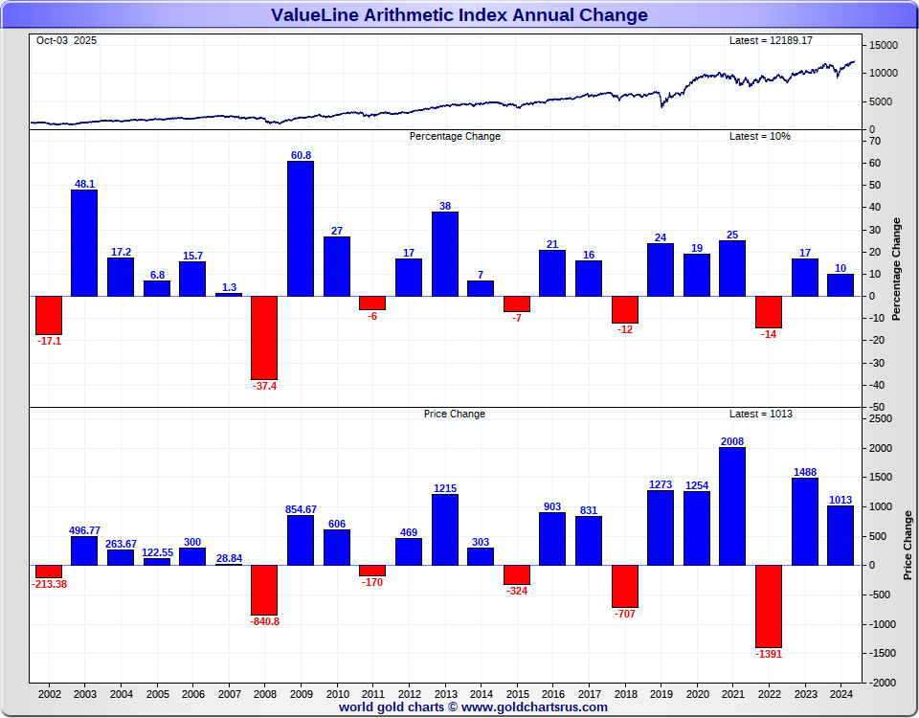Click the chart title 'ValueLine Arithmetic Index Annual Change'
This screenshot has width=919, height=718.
(x=459, y=15)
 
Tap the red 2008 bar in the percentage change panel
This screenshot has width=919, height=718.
(x=264, y=337)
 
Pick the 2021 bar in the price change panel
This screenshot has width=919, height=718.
(x=732, y=505)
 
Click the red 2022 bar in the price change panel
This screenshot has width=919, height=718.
(x=768, y=606)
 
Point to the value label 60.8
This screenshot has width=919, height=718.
(x=301, y=155)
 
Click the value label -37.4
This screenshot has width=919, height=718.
(x=264, y=388)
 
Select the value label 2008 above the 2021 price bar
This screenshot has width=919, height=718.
(x=732, y=441)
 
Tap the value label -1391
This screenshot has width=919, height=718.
(x=768, y=655)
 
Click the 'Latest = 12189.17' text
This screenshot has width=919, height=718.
(x=771, y=40)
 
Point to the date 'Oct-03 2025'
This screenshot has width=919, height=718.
(x=66, y=40)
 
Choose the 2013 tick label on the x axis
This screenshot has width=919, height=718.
(x=444, y=693)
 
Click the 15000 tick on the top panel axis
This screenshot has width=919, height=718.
(x=884, y=46)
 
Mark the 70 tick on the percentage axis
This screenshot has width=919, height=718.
(x=875, y=141)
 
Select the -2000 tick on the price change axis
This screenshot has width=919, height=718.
(x=881, y=683)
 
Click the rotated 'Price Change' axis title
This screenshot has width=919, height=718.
(x=908, y=545)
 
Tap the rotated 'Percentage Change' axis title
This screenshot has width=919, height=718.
(x=897, y=269)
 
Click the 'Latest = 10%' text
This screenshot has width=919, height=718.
(x=760, y=136)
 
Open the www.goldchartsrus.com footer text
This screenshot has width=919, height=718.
(x=533, y=707)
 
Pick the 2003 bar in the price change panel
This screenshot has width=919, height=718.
(x=84, y=550)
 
